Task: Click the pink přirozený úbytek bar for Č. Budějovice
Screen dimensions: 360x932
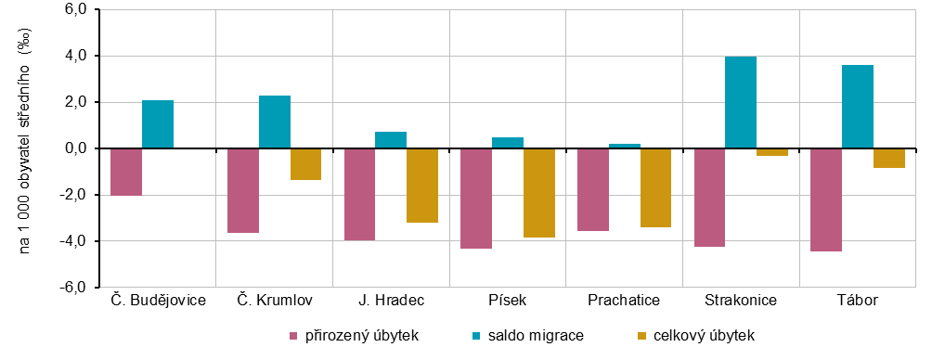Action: click(x=125, y=172)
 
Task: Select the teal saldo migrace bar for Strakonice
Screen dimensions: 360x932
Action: click(x=741, y=102)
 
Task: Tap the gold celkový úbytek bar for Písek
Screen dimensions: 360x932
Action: click(x=539, y=193)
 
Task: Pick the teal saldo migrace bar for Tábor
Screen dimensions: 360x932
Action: click(x=858, y=107)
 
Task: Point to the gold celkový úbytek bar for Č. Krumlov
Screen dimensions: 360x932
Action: click(x=305, y=164)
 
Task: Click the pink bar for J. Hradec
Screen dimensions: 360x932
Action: click(x=359, y=194)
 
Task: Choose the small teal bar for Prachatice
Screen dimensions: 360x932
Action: click(x=625, y=146)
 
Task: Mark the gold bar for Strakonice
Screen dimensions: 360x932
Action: click(x=772, y=152)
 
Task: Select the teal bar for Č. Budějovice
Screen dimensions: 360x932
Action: click(x=158, y=124)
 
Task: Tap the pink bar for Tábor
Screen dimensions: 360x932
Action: click(x=826, y=199)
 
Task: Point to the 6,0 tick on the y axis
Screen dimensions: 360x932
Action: click(x=75, y=10)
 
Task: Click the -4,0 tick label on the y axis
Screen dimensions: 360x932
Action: click(x=73, y=241)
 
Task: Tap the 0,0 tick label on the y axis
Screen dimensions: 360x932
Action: click(x=75, y=148)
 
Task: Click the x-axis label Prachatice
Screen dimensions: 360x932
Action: click(x=624, y=300)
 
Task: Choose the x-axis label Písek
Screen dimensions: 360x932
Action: click(x=507, y=300)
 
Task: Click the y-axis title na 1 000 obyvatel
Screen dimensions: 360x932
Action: click(x=26, y=148)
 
